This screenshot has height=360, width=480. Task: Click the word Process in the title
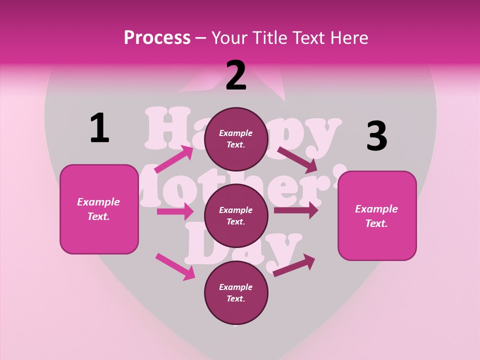coord(157,37)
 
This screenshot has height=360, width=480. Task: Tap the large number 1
coord(99,128)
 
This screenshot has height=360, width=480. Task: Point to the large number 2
coord(236,75)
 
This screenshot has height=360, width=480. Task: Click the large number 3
coord(376,136)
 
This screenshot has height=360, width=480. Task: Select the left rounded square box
coord(99,209)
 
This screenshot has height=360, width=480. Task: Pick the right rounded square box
coord(377,216)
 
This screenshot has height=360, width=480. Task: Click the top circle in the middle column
coord(236,139)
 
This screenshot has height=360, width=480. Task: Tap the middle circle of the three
coord(236,215)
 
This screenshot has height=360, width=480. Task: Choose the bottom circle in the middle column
coord(236,292)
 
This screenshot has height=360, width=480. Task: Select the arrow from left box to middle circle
coord(175,211)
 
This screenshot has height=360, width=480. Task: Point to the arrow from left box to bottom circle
coord(175,266)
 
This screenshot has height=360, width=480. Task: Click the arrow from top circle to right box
coord(297,159)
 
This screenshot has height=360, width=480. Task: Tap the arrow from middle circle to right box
coord(296,210)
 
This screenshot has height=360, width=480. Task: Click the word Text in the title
coord(306,37)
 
